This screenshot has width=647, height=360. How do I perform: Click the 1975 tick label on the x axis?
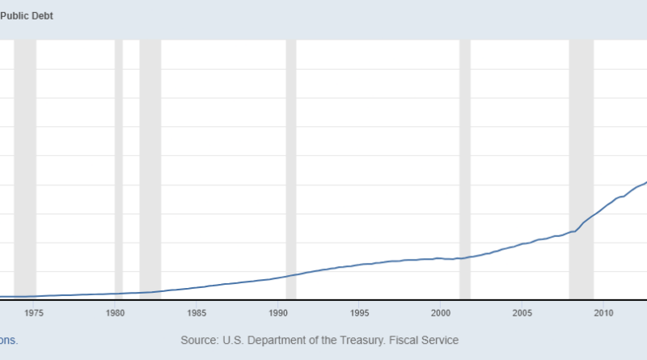(34, 313)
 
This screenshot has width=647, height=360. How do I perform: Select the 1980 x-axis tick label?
(115, 313)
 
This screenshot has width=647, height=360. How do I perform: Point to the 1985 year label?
(197, 313)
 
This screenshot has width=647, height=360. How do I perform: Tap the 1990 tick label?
(277, 313)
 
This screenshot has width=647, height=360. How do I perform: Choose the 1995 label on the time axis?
(359, 313)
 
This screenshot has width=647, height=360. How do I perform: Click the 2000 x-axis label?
(441, 313)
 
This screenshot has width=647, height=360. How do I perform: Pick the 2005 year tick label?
(522, 313)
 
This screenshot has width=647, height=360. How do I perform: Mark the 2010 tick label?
(603, 313)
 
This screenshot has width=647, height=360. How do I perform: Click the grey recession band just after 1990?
(291, 162)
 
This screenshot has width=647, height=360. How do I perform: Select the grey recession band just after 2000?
(465, 162)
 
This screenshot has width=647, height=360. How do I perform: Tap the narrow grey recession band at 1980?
(119, 162)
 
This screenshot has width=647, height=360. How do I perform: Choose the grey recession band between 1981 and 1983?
(150, 162)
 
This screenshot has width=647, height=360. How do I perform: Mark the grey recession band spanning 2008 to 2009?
(581, 162)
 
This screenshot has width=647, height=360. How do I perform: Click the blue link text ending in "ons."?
(8, 341)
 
